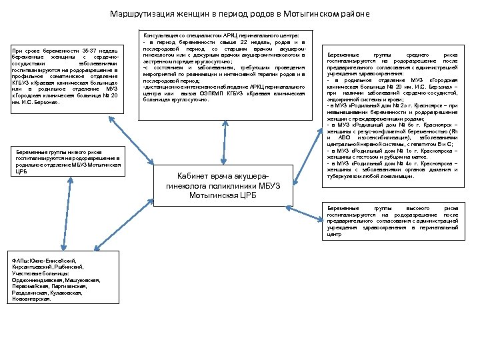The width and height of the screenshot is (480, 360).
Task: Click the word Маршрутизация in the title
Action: pyautogui.click(x=133, y=14)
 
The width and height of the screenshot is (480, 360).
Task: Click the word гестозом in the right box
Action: pyautogui.click(x=367, y=157)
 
